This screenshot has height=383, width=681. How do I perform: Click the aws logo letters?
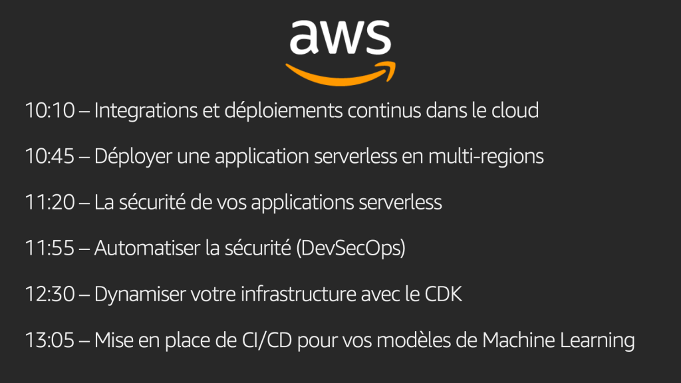[x=340, y=37]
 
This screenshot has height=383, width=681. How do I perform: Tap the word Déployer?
[x=132, y=158]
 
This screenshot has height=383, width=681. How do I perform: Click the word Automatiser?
[x=140, y=248]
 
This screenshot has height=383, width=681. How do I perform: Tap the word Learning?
[x=596, y=341]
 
